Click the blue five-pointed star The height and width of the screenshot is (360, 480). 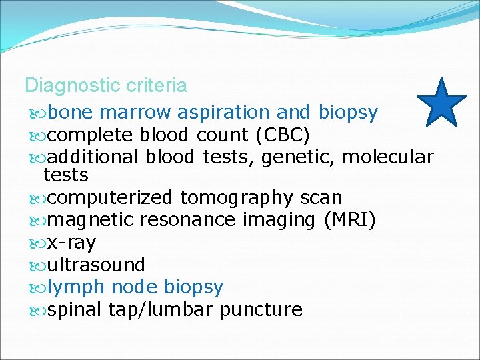pyautogui.click(x=441, y=103)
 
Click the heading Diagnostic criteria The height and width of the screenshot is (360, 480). pyautogui.click(x=105, y=86)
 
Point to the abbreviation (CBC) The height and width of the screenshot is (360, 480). pyautogui.click(x=282, y=135)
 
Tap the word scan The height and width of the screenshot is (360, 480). pyautogui.click(x=321, y=198)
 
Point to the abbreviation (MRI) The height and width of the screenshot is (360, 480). pyautogui.click(x=349, y=220)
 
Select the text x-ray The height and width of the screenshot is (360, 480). pyautogui.click(x=71, y=243)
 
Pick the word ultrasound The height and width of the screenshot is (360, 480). pyautogui.click(x=96, y=265)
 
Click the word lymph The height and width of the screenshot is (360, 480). pyautogui.click(x=77, y=287)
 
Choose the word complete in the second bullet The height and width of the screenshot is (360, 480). pyautogui.click(x=91, y=135)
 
